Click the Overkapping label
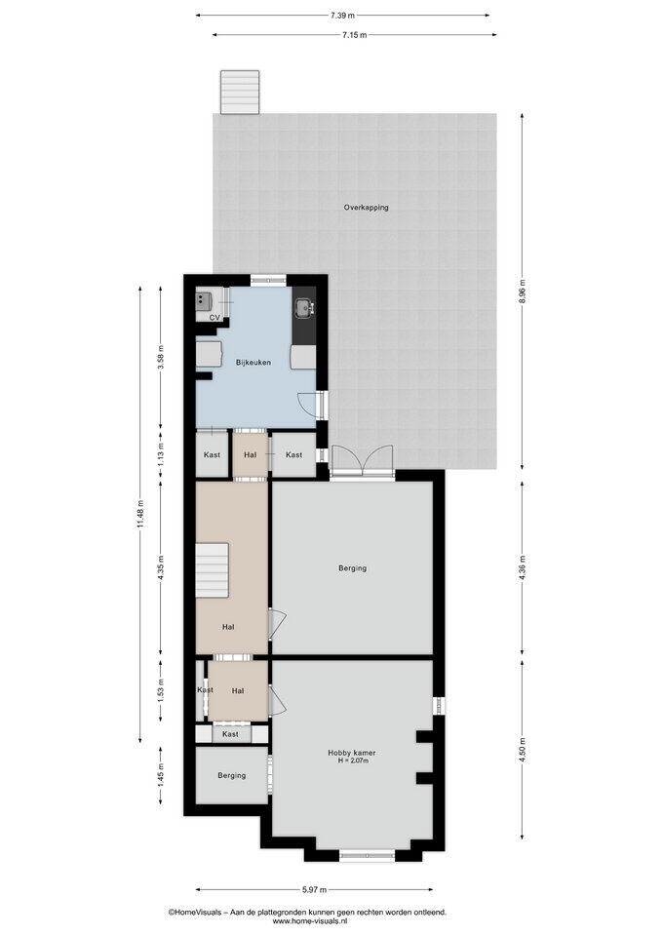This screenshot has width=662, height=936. (366, 208)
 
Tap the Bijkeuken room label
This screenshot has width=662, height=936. (253, 363)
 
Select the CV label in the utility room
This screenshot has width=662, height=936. (214, 318)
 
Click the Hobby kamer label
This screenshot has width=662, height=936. (352, 753)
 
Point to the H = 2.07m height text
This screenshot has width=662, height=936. (353, 760)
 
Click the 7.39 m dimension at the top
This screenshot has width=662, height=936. (342, 15)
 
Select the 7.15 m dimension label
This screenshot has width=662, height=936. (355, 35)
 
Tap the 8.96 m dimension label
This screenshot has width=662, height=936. (523, 292)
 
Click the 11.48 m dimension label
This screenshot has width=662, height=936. (140, 514)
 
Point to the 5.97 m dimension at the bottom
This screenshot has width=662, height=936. (314, 889)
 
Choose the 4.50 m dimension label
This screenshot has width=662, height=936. (523, 750)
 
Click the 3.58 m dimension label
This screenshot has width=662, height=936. (160, 357)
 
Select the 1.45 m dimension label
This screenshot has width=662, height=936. (160, 775)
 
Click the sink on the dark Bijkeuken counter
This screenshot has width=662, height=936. (304, 307)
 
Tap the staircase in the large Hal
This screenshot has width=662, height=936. (213, 570)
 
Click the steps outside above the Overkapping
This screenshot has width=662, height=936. (240, 92)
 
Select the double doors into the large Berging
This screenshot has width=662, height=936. (363, 461)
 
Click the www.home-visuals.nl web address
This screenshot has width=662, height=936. (307, 920)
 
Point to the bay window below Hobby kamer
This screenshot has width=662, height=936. (368, 855)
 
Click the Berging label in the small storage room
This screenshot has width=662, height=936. (232, 775)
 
